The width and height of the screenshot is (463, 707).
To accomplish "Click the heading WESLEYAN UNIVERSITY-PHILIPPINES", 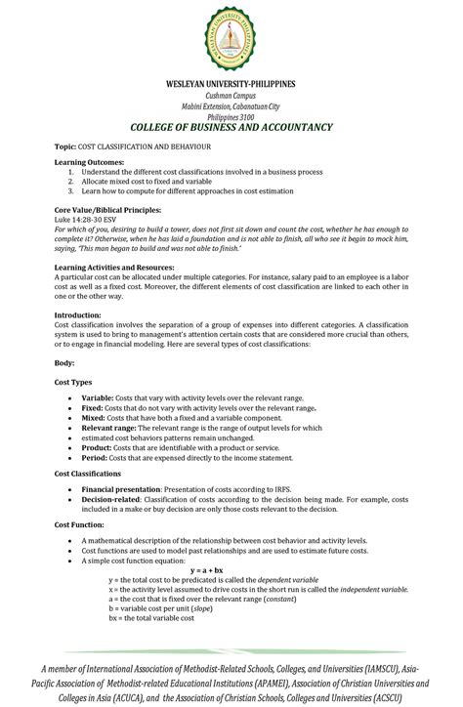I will pyautogui.click(x=231, y=84).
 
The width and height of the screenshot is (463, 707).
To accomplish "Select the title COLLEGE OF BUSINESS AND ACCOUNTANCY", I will pyautogui.click(x=231, y=128).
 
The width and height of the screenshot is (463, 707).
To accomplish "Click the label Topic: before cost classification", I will pyautogui.click(x=67, y=146).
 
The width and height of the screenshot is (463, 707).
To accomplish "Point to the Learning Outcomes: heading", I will pyautogui.click(x=89, y=161).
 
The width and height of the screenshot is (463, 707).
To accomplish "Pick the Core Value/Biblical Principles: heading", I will pyautogui.click(x=107, y=210).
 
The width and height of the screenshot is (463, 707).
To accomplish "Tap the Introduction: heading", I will pyautogui.click(x=78, y=315).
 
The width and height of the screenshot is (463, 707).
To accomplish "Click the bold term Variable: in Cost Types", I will pyautogui.click(x=98, y=398).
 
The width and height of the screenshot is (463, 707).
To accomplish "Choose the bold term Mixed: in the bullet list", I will pyautogui.click(x=95, y=417).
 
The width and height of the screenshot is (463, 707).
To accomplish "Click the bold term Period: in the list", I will pyautogui.click(x=96, y=457).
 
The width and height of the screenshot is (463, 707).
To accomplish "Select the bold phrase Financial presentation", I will pyautogui.click(x=120, y=488).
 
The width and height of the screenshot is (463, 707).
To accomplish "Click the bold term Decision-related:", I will pyautogui.click(x=115, y=498).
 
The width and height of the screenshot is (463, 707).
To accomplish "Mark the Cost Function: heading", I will pyautogui.click(x=80, y=524).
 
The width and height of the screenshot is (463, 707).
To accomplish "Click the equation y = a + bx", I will pyautogui.click(x=206, y=569).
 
